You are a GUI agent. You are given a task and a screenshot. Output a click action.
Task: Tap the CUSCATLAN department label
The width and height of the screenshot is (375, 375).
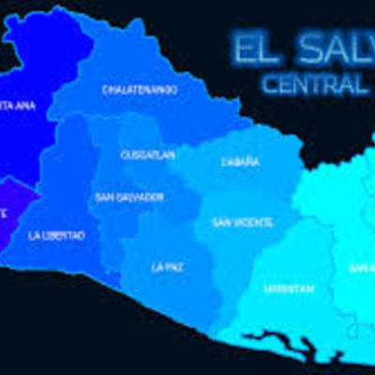(148, 155)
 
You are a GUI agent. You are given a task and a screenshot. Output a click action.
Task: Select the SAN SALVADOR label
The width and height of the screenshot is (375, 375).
(129, 198)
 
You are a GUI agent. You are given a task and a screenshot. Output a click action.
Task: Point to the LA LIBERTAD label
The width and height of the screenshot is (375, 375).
(56, 234)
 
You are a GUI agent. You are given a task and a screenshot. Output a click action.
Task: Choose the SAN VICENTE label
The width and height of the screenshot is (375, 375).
(243, 222)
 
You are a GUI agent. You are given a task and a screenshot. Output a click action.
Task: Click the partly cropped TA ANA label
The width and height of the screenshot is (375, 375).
(18, 105)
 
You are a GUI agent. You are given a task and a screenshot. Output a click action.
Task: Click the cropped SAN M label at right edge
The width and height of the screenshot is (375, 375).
(363, 268)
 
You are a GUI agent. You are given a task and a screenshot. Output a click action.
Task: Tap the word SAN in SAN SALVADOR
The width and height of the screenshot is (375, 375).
(105, 198)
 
